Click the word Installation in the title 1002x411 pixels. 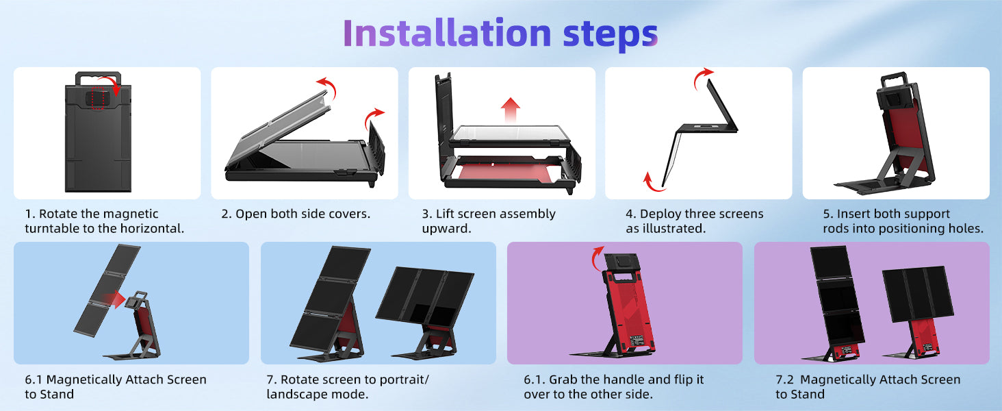coord(447,33)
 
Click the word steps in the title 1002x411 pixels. coord(610,36)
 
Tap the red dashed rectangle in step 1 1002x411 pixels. coord(97,98)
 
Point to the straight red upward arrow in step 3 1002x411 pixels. coord(511,110)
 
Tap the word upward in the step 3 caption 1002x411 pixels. coord(446,229)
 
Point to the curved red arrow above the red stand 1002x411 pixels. coord(597,258)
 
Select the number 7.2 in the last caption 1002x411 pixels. coord(784,379)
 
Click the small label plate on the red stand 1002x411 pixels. coord(637,340)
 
